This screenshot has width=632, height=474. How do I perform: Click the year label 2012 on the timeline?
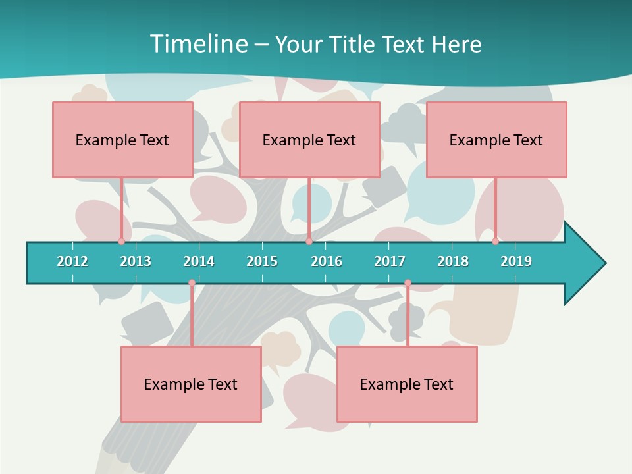tap(72, 261)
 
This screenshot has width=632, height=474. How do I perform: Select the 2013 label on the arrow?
tap(136, 261)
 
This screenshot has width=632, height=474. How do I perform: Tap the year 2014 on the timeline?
tap(199, 261)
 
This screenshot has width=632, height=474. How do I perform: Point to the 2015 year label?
tap(262, 261)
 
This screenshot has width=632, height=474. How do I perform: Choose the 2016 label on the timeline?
tap(327, 261)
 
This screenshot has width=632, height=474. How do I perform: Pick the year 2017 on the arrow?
tap(390, 261)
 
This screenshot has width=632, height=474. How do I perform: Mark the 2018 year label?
tap(453, 261)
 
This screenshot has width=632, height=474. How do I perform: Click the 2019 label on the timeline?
tap(516, 261)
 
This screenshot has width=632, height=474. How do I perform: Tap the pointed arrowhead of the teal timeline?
tap(586, 263)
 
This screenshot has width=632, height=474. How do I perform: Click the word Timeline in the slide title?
tap(198, 44)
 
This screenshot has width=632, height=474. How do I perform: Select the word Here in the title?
tap(456, 44)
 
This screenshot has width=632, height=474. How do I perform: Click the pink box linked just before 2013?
tap(122, 140)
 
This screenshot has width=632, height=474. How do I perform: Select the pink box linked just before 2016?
tap(309, 140)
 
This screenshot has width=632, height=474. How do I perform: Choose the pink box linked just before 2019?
tap(496, 140)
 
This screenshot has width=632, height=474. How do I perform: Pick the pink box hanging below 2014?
tap(191, 384)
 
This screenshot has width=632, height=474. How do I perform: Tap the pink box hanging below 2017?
tap(407, 384)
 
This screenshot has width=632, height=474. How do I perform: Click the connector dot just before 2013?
tap(121, 241)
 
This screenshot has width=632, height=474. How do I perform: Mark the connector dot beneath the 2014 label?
tap(192, 283)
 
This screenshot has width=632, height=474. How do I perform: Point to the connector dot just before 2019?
tap(495, 241)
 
